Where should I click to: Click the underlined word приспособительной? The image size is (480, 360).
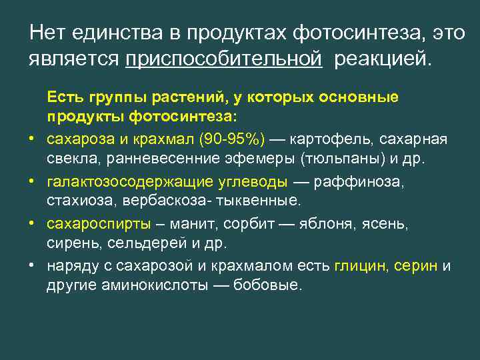tap(224, 59)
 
